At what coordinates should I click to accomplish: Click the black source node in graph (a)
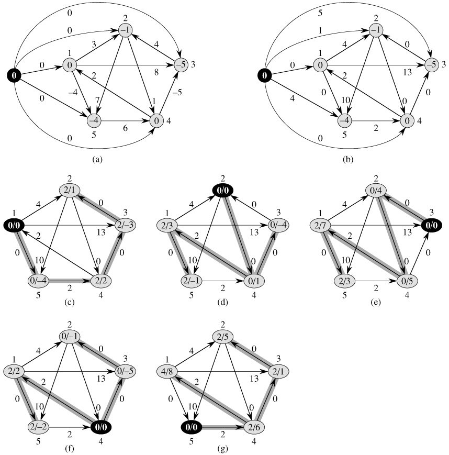pos(14,76)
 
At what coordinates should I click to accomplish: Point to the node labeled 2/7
pos(320,225)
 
